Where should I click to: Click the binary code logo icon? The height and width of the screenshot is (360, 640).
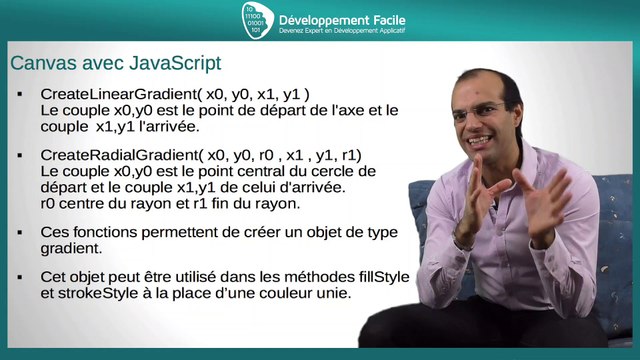tap(258, 21)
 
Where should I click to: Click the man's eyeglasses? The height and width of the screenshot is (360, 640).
tap(478, 112)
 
